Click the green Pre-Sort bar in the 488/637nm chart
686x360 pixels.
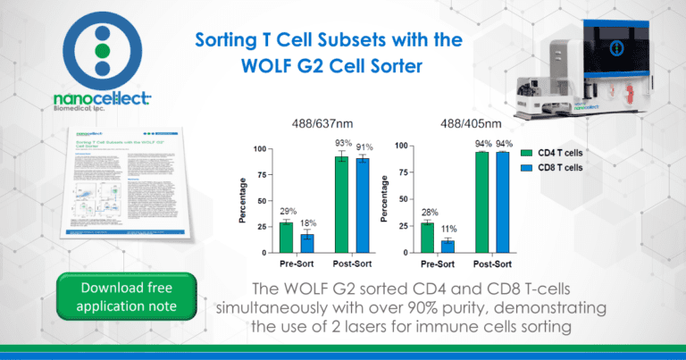pyautogui.click(x=286, y=238)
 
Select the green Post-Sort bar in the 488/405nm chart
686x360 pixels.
pyautogui.click(x=482, y=203)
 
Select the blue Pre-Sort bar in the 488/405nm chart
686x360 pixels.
pyautogui.click(x=448, y=247)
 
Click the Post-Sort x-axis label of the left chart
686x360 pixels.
pyautogui.click(x=352, y=265)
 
